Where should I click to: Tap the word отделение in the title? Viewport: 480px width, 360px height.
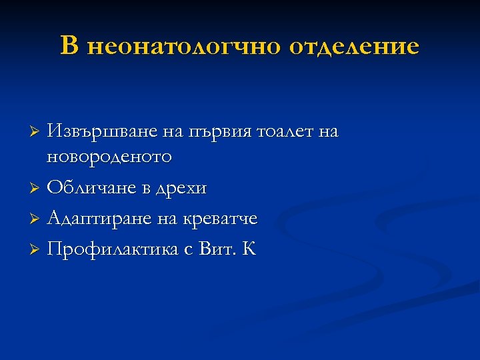coord(355,47)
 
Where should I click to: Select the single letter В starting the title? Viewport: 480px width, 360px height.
coord(70,46)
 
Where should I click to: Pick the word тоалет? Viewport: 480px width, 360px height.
coord(282,132)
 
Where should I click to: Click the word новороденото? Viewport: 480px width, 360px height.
coord(109,157)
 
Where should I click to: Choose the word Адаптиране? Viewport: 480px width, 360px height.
coord(99,219)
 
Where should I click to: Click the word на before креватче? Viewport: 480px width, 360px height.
coord(169,219)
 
